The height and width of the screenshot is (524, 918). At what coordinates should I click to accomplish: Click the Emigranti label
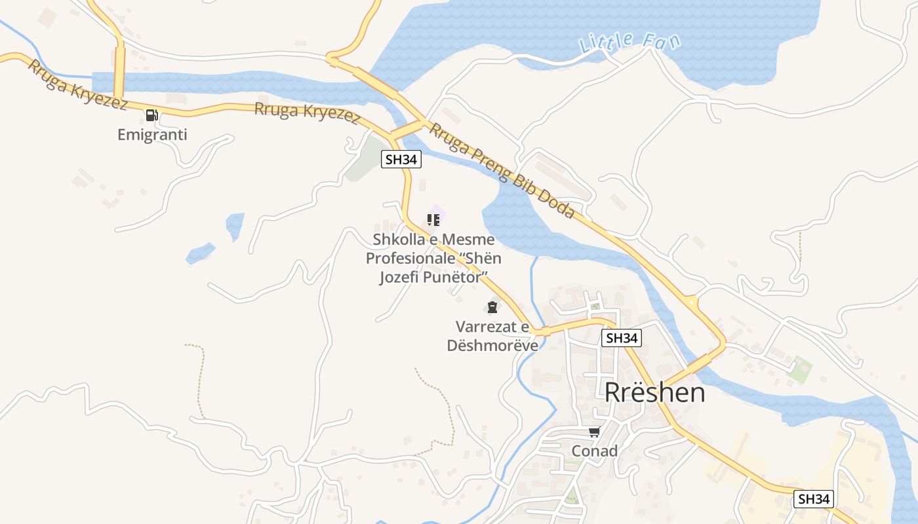pos(152,135)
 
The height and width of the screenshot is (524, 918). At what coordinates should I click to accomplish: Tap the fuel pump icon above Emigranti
pos(151,116)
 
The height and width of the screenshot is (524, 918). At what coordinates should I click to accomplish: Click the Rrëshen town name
pos(654,392)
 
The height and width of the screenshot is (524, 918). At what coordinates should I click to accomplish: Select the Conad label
pos(595,451)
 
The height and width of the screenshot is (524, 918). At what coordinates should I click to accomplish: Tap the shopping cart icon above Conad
pos(594,432)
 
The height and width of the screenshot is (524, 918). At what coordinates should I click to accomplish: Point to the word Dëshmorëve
pos(492,345)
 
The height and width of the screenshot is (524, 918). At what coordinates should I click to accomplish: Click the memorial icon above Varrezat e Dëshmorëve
pos(492,307)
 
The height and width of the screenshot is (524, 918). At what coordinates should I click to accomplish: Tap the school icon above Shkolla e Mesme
pos(433,220)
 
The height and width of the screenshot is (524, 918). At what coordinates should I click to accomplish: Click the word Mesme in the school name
pos(468,240)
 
